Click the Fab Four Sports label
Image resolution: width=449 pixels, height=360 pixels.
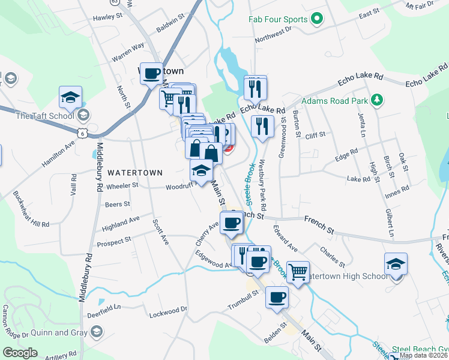tap(279, 19)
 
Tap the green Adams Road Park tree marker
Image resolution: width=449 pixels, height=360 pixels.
tap(377, 100)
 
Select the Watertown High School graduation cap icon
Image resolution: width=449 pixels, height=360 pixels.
tap(396, 264)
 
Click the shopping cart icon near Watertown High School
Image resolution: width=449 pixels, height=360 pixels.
tap(298, 272)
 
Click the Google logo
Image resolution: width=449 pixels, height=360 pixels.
tap(20, 353)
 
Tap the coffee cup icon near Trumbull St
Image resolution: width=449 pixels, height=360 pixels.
tap(277, 297)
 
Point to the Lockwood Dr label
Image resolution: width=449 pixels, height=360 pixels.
tap(168, 311)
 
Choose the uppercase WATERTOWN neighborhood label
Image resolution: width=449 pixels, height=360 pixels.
tap(135, 172)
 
